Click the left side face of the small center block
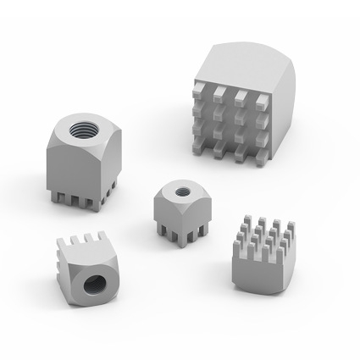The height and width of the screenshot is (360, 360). coord(165,212)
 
